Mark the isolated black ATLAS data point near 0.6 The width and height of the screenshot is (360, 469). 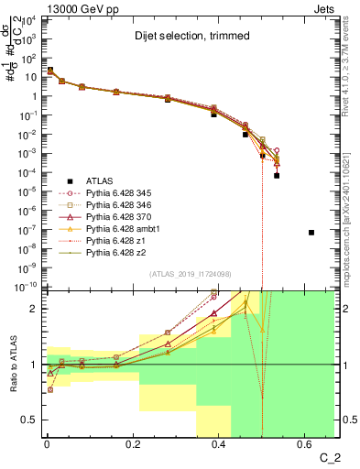312,233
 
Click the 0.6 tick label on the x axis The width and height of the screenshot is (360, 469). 303,446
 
